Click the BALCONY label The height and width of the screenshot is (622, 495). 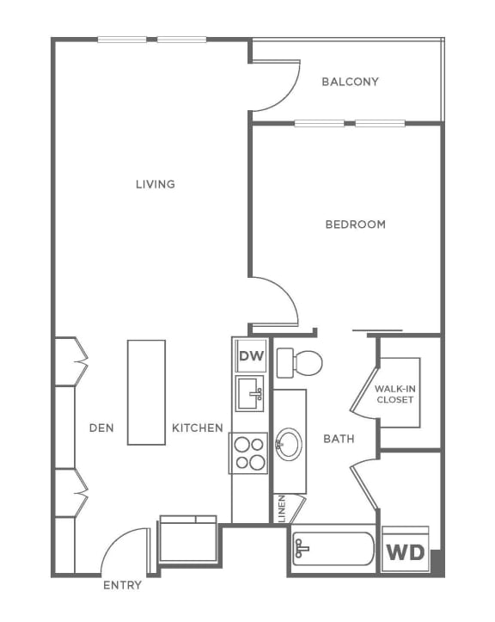click(350, 82)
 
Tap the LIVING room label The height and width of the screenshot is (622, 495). click(156, 183)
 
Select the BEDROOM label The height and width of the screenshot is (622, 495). click(355, 225)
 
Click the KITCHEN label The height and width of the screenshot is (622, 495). click(197, 428)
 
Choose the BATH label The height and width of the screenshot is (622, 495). click(339, 439)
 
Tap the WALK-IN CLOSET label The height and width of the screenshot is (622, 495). click(394, 394)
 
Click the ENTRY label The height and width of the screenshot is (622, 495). click(122, 586)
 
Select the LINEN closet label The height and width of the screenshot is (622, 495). click(281, 508)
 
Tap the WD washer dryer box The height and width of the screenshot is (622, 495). click(404, 551)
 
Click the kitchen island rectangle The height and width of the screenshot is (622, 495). click(146, 392)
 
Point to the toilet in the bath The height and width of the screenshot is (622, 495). click(301, 362)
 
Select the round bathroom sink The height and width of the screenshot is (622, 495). click(289, 444)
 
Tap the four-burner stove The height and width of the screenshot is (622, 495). click(250, 453)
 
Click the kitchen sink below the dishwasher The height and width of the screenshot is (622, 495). click(250, 395)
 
